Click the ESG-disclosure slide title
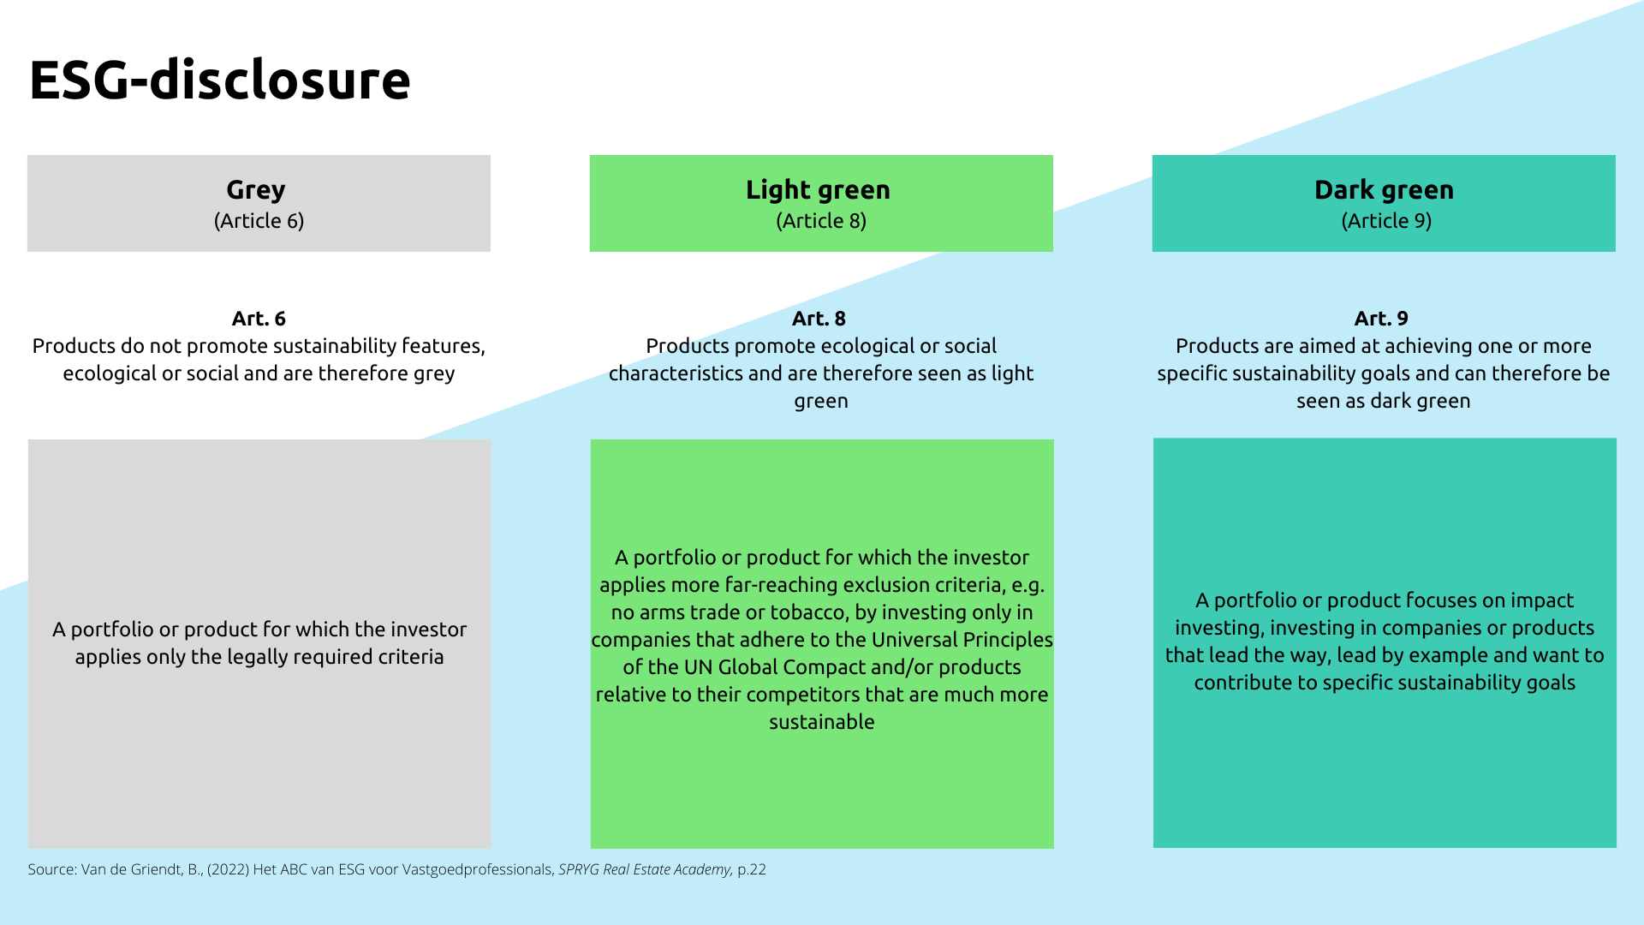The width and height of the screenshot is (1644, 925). click(220, 80)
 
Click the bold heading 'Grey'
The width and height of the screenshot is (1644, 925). click(255, 189)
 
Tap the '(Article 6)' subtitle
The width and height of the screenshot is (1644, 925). click(259, 221)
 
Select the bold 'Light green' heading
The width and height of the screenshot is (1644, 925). click(818, 189)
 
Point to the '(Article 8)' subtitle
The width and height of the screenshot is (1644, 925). click(821, 221)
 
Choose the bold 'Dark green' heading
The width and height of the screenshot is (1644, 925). click(1384, 189)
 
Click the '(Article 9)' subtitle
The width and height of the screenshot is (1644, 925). click(1386, 221)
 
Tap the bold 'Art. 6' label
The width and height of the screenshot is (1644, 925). click(259, 319)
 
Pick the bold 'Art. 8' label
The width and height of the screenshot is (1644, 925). click(819, 319)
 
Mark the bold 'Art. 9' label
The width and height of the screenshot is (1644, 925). click(1381, 319)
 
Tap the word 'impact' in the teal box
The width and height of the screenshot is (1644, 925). click(1541, 600)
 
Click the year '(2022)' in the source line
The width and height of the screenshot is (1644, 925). click(228, 869)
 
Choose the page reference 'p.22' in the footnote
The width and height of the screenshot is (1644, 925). click(752, 869)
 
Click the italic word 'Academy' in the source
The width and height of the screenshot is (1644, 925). click(703, 869)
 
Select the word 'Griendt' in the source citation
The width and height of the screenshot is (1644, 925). click(155, 869)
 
